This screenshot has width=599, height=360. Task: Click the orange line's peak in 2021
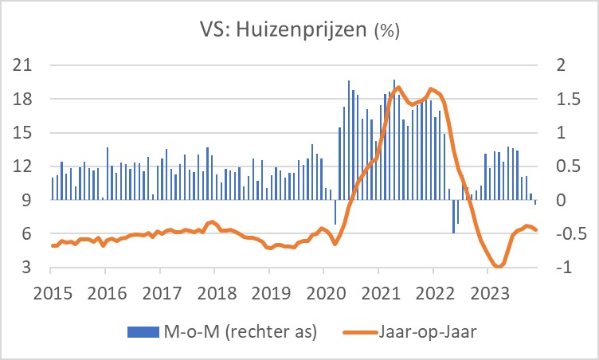coord(397,88)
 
